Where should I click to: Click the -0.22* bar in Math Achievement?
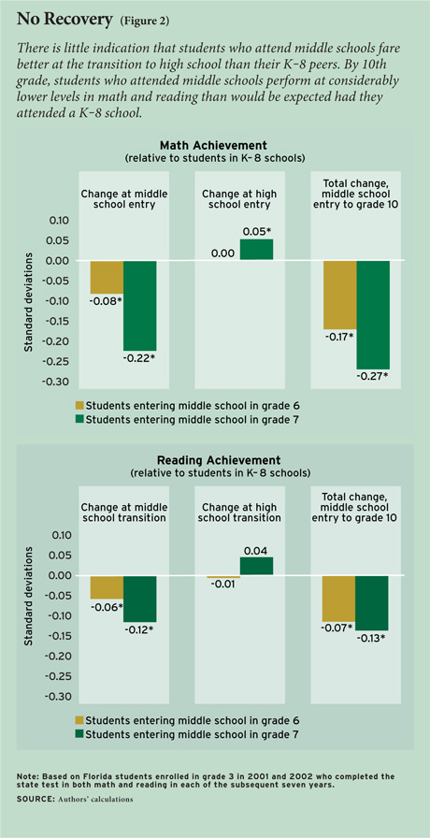pos(140,305)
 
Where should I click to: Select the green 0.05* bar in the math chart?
pos(256,250)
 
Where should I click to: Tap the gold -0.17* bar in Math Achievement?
pos(339,295)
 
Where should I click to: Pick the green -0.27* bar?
pos(373,315)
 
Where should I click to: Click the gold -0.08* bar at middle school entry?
pos(107,277)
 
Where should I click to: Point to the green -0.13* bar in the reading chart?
pos(373,603)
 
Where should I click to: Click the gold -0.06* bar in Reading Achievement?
pos(107,587)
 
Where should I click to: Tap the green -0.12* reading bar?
pos(140,599)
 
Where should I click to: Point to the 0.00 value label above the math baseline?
pos(222,253)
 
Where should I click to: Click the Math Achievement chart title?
pos(215,145)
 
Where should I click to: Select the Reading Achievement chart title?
pos(215,460)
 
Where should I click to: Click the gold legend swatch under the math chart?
pos(80,405)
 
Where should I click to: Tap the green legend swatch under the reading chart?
pos(80,734)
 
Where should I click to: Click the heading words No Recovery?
pos(64,20)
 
